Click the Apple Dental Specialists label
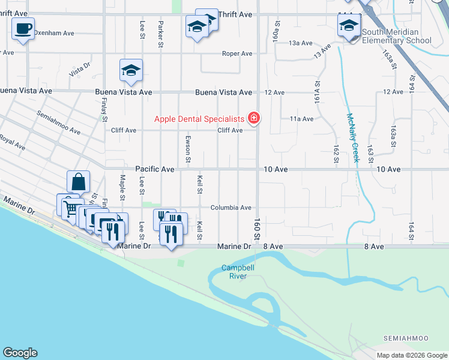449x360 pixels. (200, 119)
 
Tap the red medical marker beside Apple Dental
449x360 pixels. (254, 118)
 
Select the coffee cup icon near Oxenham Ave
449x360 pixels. (23, 29)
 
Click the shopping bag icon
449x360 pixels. (79, 181)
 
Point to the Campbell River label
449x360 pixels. (235, 272)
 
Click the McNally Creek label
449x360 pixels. (351, 138)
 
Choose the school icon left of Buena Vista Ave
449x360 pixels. (131, 71)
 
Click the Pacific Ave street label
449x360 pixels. (154, 170)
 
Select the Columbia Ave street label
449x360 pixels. (231, 208)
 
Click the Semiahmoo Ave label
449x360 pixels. (58, 122)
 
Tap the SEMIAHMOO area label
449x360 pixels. (414, 339)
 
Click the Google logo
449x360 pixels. (20, 353)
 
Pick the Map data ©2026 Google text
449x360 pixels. (412, 355)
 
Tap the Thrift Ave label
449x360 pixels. (235, 14)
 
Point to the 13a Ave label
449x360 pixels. (301, 43)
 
